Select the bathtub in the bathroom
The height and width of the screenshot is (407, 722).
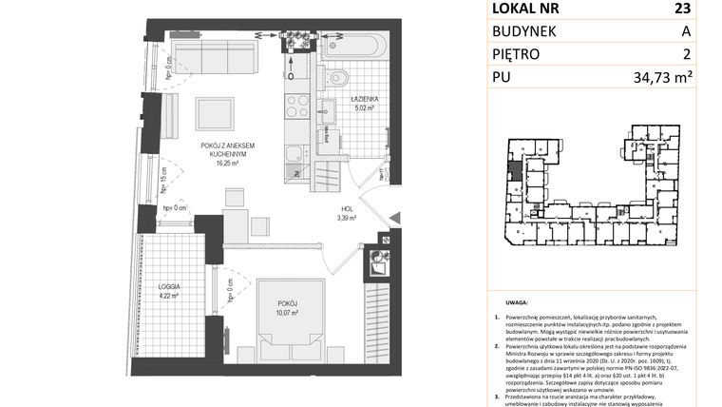click(x=352, y=44)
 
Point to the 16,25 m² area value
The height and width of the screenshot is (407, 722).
click(x=228, y=163)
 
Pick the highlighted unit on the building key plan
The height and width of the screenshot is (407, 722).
click(x=514, y=171)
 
